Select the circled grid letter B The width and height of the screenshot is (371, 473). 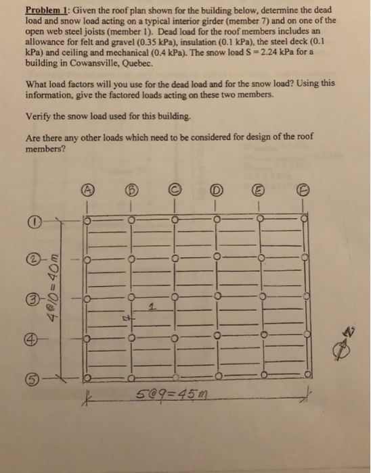(x=132, y=189)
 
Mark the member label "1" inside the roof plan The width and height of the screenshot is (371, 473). (x=153, y=307)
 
